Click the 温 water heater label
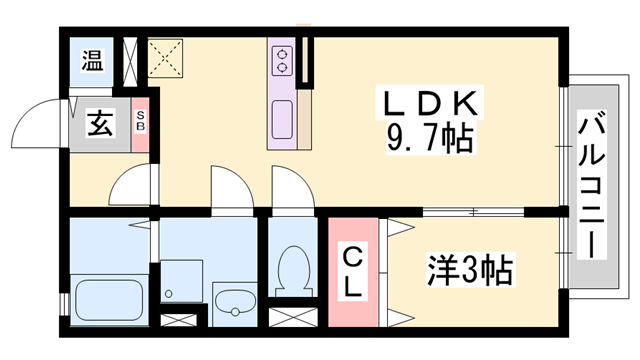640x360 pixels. [92, 59]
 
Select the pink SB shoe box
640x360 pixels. [140, 123]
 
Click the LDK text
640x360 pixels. [429, 103]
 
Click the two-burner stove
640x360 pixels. [281, 61]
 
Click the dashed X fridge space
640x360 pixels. [167, 57]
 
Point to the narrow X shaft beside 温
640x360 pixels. [130, 59]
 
